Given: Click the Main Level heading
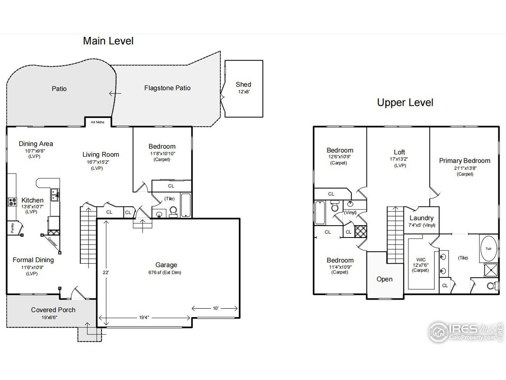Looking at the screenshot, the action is pyautogui.click(x=108, y=41).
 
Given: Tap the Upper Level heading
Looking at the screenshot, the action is pyautogui.click(x=405, y=103).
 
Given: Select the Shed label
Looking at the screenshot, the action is pyautogui.click(x=244, y=84).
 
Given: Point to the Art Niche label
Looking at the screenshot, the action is pyautogui.click(x=98, y=122).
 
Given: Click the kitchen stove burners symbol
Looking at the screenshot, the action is pyautogui.click(x=13, y=201).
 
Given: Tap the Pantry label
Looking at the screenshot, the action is pyautogui.click(x=12, y=228).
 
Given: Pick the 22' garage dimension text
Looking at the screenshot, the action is pyautogui.click(x=106, y=272).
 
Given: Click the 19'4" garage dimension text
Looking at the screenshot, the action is pyautogui.click(x=144, y=317).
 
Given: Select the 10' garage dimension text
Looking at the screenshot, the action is pyautogui.click(x=215, y=308).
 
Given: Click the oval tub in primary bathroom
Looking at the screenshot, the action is pyautogui.click(x=489, y=249).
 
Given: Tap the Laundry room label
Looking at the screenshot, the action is pyautogui.click(x=421, y=218).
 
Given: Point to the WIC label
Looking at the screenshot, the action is pyautogui.click(x=421, y=260).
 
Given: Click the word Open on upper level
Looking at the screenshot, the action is pyautogui.click(x=385, y=279).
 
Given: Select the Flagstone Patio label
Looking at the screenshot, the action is pyautogui.click(x=167, y=88).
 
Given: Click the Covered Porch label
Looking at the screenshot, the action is pyautogui.click(x=53, y=310).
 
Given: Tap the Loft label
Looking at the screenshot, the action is pyautogui.click(x=399, y=152).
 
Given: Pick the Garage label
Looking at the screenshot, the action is pyautogui.click(x=166, y=265).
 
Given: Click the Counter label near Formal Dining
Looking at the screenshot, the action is pyautogui.click(x=53, y=242).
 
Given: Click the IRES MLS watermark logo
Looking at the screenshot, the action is pyautogui.click(x=466, y=332).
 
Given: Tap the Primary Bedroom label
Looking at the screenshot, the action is pyautogui.click(x=464, y=161).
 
